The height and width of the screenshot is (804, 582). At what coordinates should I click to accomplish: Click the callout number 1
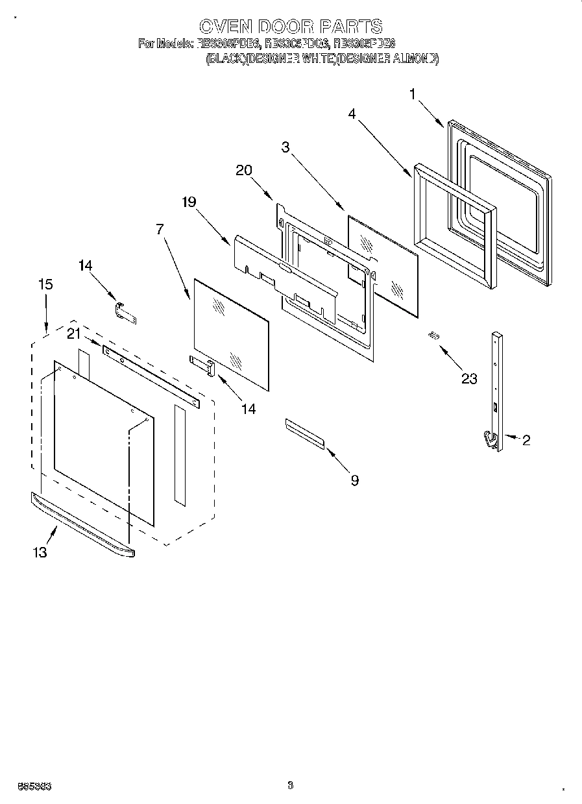pyautogui.click(x=412, y=95)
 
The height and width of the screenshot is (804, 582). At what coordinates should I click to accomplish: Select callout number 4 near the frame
pyautogui.click(x=352, y=114)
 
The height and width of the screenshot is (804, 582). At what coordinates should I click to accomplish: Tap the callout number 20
pyautogui.click(x=244, y=170)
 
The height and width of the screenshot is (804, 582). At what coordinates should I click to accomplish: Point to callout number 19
pyautogui.click(x=188, y=202)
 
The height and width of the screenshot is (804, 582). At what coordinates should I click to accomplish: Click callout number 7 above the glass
pyautogui.click(x=160, y=229)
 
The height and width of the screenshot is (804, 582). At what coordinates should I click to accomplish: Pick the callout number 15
pyautogui.click(x=45, y=284)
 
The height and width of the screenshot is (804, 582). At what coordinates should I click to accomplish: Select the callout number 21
pyautogui.click(x=75, y=334)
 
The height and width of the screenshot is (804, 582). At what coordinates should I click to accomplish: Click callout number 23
pyautogui.click(x=468, y=379)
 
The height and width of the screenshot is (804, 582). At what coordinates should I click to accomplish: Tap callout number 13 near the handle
pyautogui.click(x=40, y=552)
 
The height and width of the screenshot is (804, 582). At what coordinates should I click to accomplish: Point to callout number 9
pyautogui.click(x=354, y=480)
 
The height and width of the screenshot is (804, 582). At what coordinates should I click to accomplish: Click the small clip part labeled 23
pyautogui.click(x=433, y=335)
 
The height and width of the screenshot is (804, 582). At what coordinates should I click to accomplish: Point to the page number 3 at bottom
pyautogui.click(x=290, y=785)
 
